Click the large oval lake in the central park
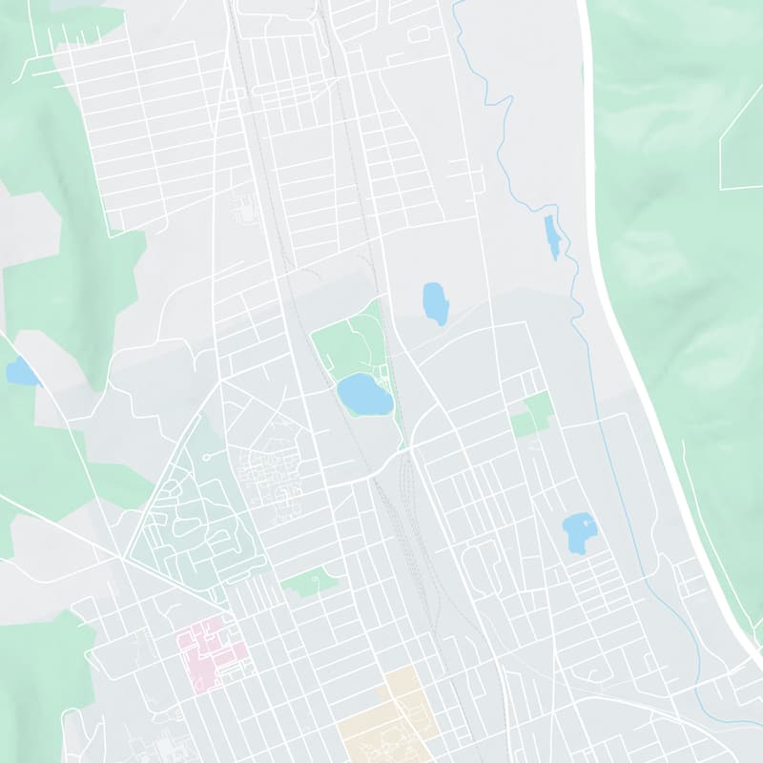(364, 394)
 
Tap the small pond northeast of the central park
(435, 303)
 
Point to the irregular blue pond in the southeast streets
(578, 532)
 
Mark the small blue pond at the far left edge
(21, 372)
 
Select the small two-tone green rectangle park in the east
(532, 414)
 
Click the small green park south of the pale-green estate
(311, 581)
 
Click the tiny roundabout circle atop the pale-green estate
(206, 457)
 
